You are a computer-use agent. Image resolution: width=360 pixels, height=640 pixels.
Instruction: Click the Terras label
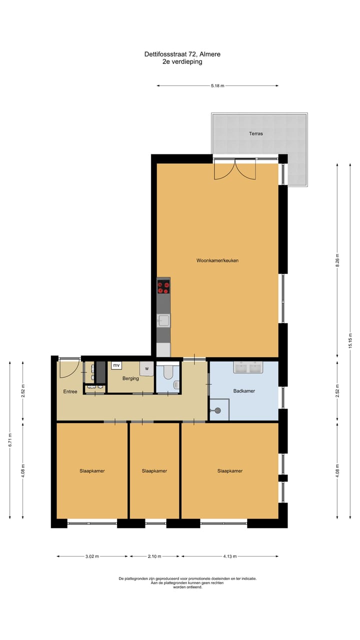(256, 133)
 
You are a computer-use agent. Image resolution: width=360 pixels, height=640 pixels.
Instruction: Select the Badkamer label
(244, 390)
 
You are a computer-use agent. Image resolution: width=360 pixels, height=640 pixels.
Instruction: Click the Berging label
(130, 378)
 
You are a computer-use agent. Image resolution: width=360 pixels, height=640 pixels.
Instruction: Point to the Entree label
(70, 391)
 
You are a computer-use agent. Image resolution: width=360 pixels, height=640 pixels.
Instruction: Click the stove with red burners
(163, 287)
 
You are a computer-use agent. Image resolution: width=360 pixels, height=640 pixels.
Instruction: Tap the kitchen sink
(163, 320)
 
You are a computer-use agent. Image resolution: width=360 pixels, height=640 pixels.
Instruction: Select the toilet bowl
(168, 372)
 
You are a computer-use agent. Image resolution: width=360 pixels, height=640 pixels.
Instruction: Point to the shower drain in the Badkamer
(217, 410)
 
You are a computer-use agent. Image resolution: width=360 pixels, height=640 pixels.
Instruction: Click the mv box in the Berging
(116, 365)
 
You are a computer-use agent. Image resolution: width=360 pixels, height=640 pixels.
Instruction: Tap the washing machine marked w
(147, 368)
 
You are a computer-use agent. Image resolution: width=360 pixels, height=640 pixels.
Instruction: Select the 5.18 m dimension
(217, 86)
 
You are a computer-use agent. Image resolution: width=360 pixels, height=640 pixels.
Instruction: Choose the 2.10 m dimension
(154, 556)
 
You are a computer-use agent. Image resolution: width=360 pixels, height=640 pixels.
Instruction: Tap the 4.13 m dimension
(229, 556)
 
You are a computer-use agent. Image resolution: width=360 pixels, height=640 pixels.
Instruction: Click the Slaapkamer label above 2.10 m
(154, 471)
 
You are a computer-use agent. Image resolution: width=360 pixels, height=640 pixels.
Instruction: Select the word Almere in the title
(211, 54)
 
